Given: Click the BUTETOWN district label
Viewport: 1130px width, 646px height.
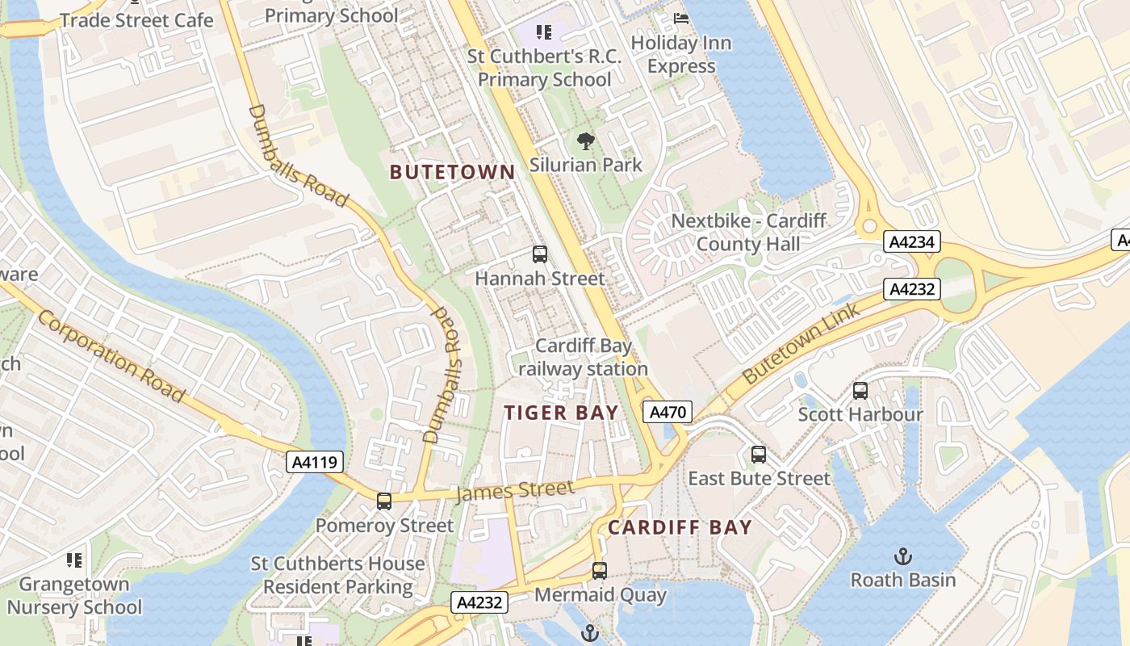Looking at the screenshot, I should click(452, 172).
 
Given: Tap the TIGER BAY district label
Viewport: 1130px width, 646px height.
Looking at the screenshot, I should click(561, 413).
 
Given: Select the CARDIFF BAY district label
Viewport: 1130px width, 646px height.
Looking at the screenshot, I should click(680, 528).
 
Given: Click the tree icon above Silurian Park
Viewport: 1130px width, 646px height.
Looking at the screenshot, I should click(586, 142).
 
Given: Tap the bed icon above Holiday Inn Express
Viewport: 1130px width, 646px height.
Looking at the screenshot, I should click(681, 19).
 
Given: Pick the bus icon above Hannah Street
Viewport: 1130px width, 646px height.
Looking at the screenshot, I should click(540, 254).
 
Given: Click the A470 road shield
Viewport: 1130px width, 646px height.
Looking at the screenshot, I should click(668, 413).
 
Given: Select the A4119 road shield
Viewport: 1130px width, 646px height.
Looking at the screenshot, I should click(316, 463).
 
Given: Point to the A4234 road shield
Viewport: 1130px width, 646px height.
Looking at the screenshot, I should click(911, 241).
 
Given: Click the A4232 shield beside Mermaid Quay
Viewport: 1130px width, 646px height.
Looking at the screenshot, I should click(479, 602).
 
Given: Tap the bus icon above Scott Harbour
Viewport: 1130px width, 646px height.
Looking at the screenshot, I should click(860, 391).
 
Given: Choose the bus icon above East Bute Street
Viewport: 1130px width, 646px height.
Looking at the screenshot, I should click(759, 455).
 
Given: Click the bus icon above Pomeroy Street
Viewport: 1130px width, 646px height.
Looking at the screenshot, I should click(384, 501).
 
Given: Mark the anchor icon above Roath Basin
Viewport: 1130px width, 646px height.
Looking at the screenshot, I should click(903, 556).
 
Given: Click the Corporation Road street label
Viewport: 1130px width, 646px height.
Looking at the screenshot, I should click(111, 356).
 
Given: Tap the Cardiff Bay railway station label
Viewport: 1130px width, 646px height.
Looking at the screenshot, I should click(583, 357).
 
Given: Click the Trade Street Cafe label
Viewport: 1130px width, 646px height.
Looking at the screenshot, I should click(136, 20).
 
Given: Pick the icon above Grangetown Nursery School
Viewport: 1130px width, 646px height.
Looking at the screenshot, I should click(74, 560).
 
